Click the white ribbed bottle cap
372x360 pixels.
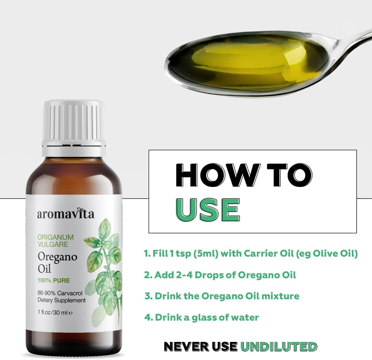click(x=74, y=128)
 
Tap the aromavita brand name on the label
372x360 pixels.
click(x=66, y=214)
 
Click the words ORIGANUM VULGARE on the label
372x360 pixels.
click(x=56, y=241)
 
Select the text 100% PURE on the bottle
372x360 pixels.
click(x=54, y=280)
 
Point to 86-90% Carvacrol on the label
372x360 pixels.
click(x=60, y=293)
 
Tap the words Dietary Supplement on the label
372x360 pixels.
click(x=62, y=300)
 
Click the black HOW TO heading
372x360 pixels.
click(x=244, y=175)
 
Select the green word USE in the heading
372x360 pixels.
click(x=207, y=210)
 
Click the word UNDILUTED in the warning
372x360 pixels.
click(x=279, y=346)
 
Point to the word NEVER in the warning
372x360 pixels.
click(x=187, y=346)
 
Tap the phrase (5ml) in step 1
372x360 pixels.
click(x=206, y=254)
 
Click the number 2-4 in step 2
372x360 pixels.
click(x=184, y=275)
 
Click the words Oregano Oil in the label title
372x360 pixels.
click(x=57, y=263)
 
